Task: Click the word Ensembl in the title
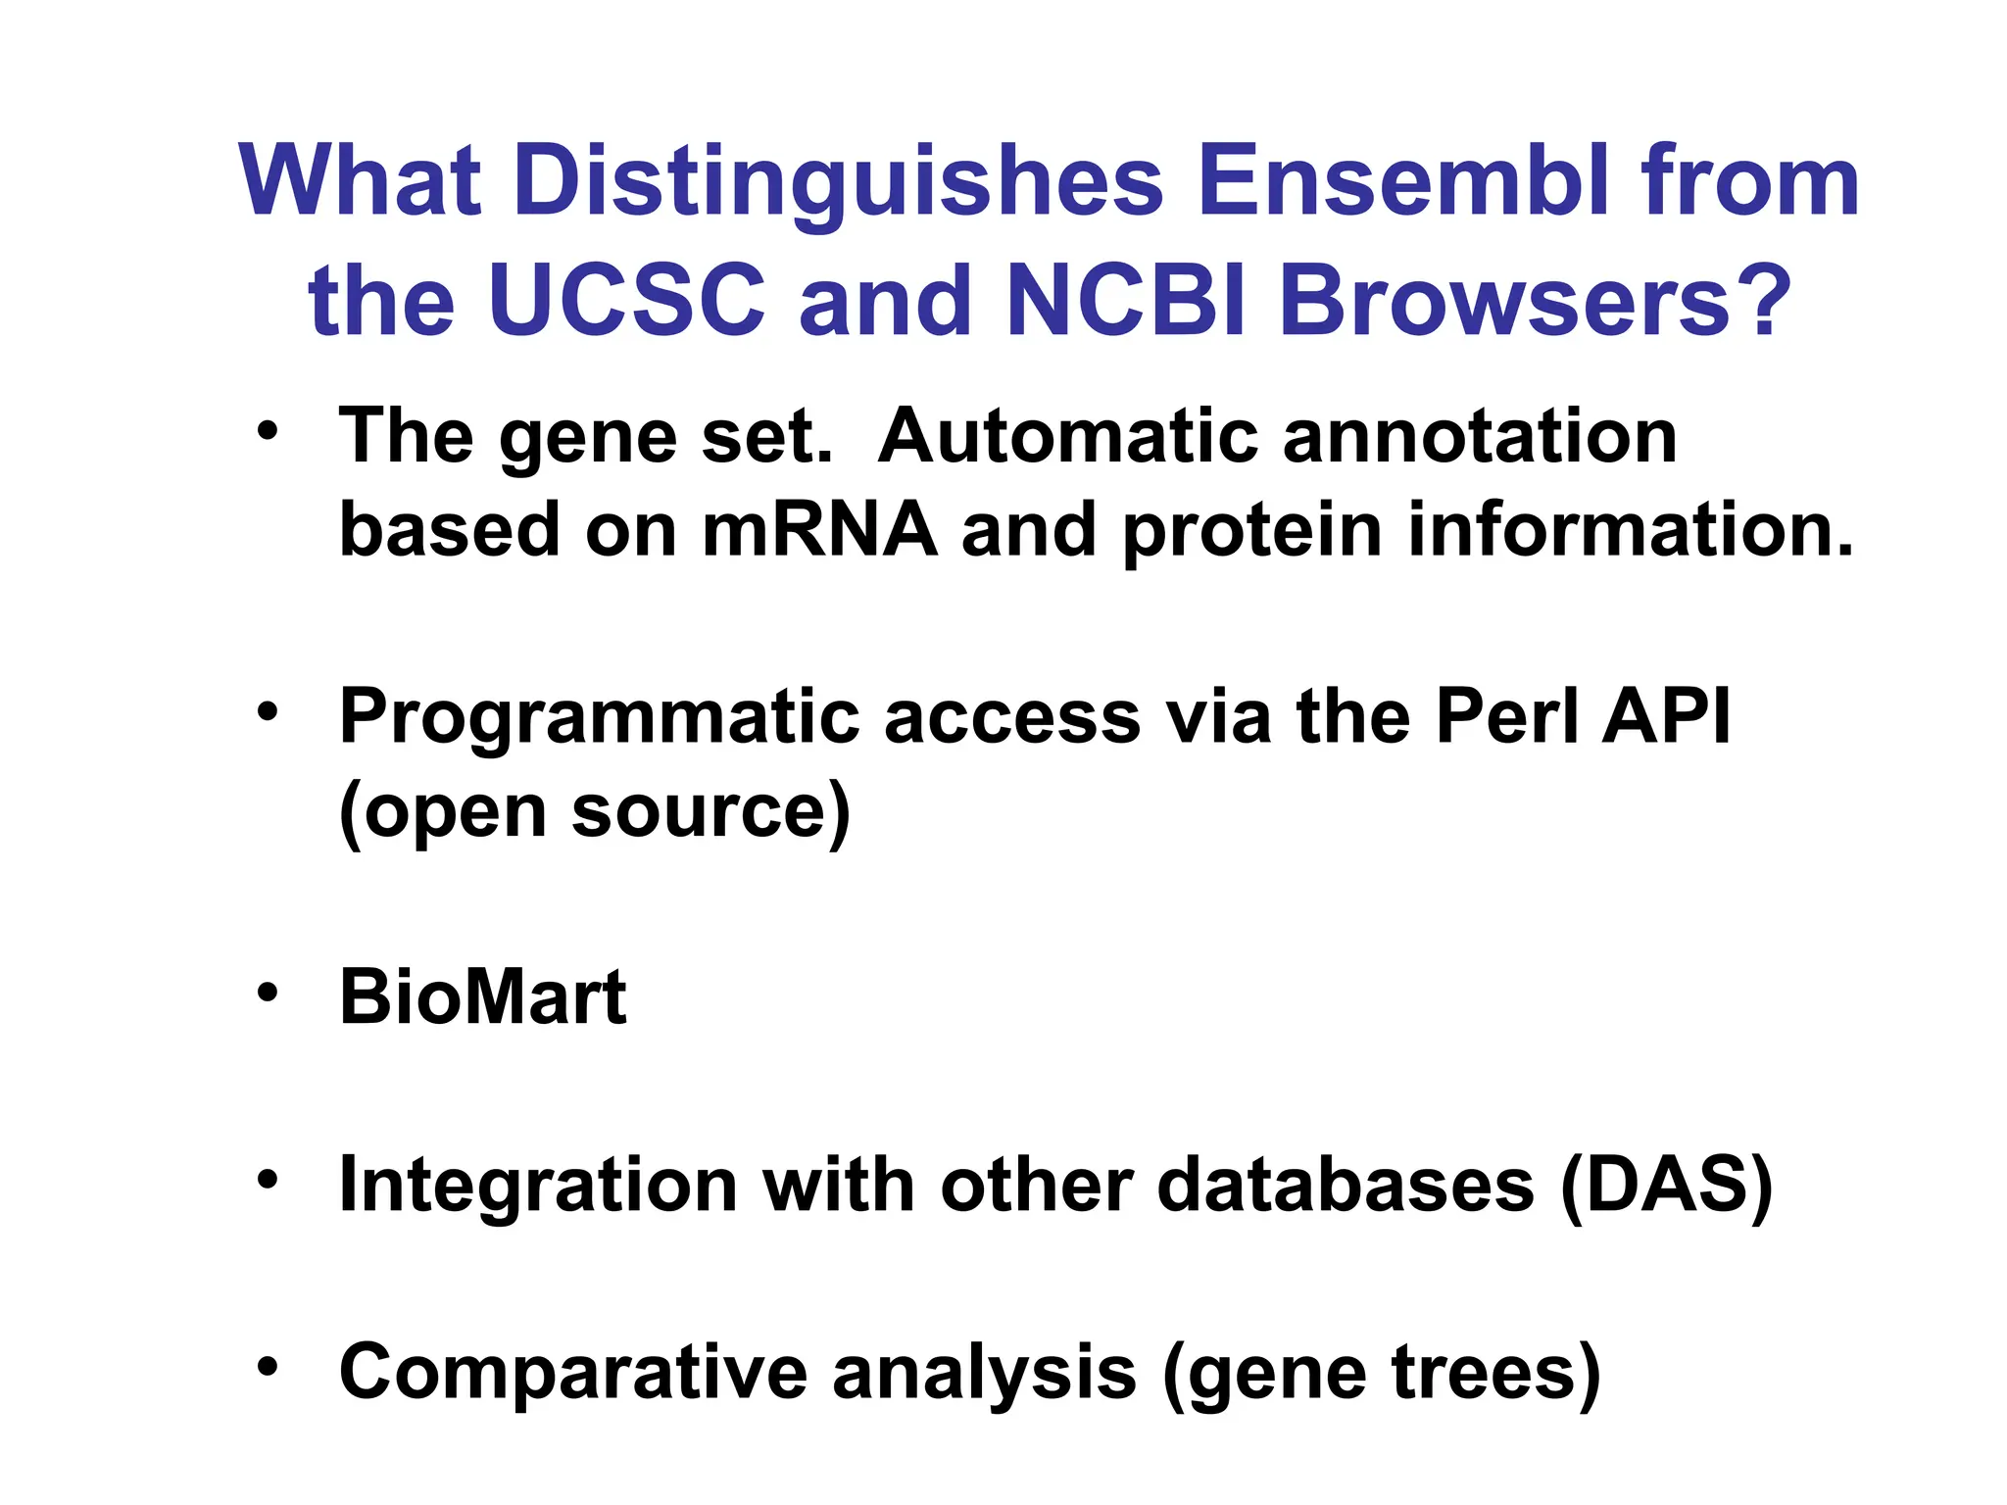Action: [1403, 181]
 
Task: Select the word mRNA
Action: [819, 529]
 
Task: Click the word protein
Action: [1251, 529]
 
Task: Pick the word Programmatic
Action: [598, 717]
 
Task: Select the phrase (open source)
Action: [595, 811]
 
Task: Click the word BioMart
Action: [482, 997]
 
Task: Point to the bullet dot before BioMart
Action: [268, 994]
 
